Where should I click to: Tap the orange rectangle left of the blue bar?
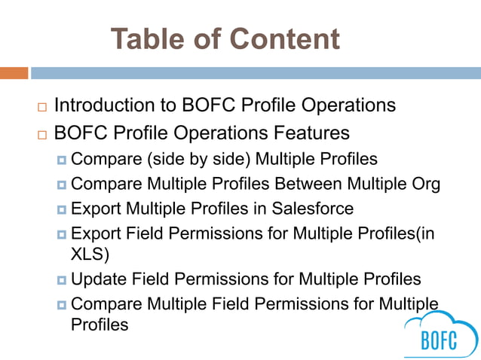click(14, 73)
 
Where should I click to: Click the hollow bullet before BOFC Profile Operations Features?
click(41, 136)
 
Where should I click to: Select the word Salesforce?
click(311, 207)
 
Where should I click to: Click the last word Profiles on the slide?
click(99, 325)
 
